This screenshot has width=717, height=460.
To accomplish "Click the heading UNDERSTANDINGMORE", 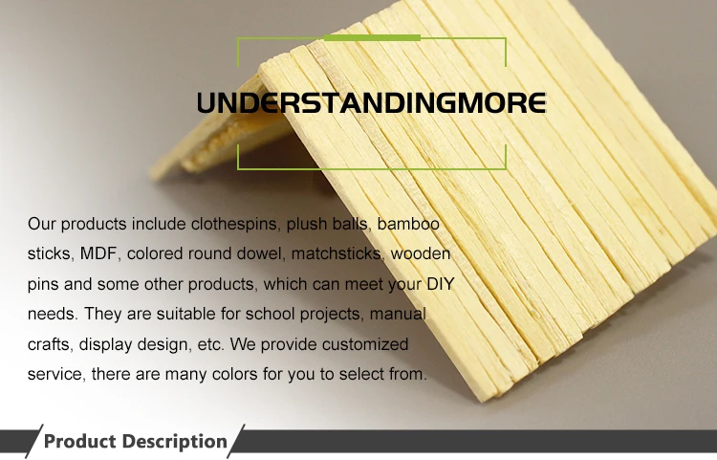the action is pos(371,102).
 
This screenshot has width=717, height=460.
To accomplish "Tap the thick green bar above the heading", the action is pos(372,38).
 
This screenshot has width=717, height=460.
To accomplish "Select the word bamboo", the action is pos(408,224).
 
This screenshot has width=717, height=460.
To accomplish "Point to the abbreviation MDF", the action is pos(98,253).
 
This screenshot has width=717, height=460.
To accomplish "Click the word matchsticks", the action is pos(337,253).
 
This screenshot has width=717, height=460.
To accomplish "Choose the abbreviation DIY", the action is pos(441,283).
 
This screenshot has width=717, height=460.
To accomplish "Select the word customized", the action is pos(365,344).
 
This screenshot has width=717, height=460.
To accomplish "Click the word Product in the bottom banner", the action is pos(79,441).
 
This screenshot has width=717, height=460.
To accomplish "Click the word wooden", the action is pos(421,253).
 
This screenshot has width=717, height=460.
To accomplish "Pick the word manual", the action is pos(398,314).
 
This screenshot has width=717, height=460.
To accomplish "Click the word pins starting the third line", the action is pos(43,284).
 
